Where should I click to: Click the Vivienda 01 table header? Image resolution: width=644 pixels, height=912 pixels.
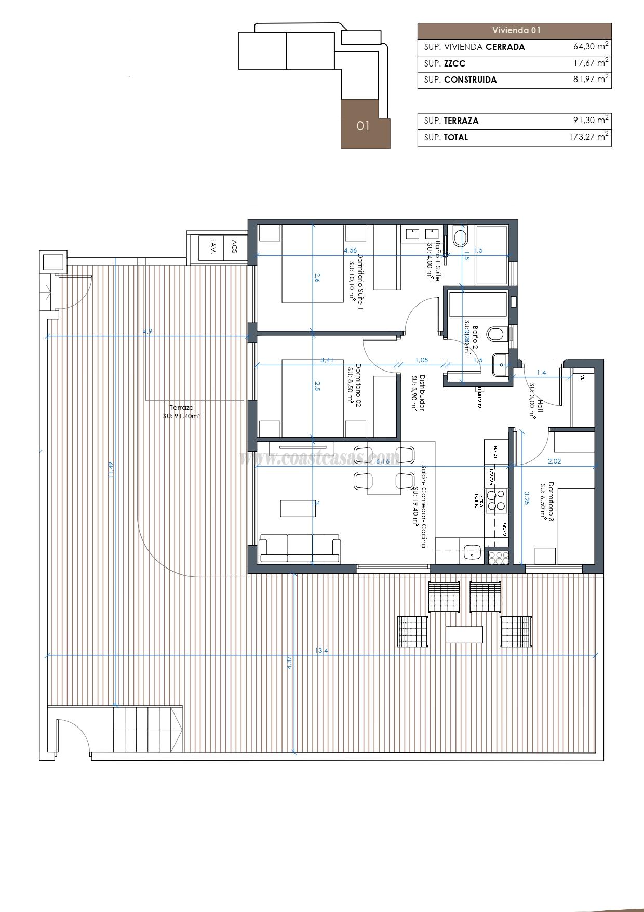514,30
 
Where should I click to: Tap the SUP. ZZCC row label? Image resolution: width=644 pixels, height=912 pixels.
445,63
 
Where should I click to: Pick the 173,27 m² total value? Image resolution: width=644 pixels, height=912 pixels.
588,137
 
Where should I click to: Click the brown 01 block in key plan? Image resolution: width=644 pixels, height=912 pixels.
364,125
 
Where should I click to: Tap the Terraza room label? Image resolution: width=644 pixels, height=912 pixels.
182,408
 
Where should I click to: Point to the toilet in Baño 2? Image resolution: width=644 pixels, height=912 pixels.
496,334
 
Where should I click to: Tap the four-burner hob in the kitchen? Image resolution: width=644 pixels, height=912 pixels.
495,499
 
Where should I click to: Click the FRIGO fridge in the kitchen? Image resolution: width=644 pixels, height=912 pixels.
495,451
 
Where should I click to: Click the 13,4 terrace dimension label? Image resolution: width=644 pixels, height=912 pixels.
321,651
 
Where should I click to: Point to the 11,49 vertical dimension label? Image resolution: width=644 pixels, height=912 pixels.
110,470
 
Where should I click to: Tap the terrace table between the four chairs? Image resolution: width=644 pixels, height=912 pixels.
464,635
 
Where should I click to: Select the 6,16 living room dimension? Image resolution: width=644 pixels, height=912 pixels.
382,461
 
